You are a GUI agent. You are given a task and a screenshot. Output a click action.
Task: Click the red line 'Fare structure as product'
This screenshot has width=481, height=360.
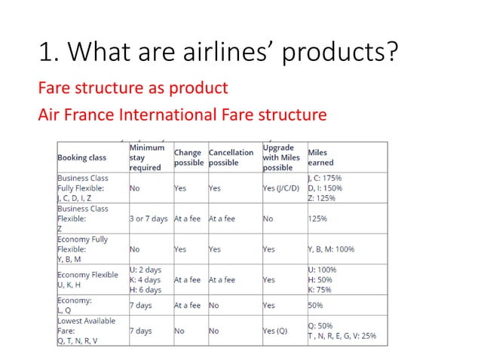tap(133, 88)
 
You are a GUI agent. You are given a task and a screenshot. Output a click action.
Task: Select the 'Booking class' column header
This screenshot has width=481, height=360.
tap(82, 157)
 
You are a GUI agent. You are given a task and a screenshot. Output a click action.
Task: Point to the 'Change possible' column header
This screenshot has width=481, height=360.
tap(188, 157)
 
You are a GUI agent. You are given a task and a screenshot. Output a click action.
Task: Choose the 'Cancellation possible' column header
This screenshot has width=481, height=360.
tap(231, 157)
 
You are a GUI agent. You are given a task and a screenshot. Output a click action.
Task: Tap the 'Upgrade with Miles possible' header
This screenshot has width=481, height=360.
tap(281, 157)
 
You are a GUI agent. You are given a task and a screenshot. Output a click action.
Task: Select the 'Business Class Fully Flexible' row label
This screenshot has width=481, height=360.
tap(83, 188)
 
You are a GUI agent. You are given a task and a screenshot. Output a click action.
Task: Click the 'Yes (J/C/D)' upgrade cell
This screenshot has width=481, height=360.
tap(282, 188)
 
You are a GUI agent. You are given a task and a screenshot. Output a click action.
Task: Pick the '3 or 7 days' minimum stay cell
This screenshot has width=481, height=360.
tap(149, 218)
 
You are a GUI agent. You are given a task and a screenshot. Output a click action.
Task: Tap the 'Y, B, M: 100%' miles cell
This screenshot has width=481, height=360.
tap(331, 249)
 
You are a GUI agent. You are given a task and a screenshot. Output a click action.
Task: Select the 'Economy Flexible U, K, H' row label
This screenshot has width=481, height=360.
tap(88, 279)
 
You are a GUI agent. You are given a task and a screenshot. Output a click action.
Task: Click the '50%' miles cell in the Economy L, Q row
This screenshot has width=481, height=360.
tap(315, 306)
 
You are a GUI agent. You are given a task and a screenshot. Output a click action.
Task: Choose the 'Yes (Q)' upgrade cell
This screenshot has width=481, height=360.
tap(276, 331)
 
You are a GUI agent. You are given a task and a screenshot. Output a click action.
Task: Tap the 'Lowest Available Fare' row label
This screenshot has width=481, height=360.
tap(86, 325)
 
